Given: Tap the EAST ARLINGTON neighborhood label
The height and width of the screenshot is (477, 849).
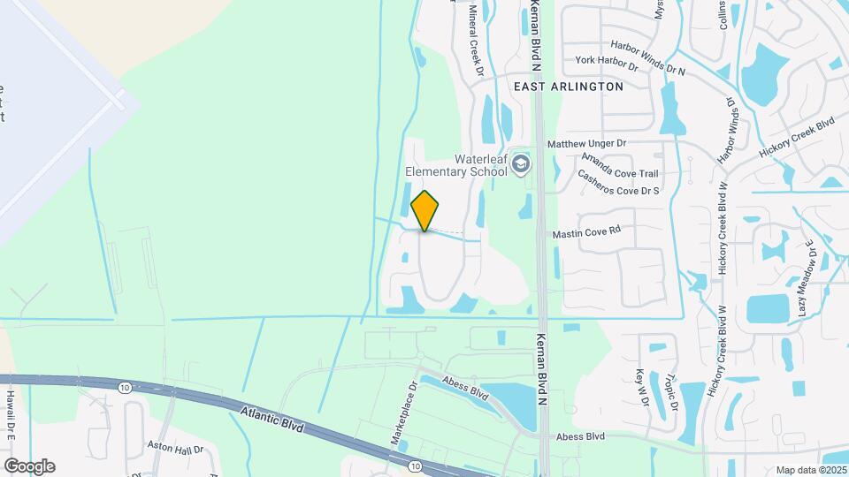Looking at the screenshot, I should (569, 87).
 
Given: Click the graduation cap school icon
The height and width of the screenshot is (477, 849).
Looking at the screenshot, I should (522, 164).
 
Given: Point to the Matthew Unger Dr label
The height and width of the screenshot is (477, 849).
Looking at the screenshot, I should (586, 142).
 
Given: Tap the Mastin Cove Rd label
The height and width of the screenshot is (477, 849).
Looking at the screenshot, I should (587, 234).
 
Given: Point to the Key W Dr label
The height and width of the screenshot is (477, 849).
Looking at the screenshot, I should (643, 386).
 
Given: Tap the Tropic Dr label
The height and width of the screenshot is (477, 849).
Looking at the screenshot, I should (672, 391).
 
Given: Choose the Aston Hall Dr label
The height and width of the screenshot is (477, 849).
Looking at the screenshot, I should (175, 449).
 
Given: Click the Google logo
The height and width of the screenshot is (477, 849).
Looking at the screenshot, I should (29, 466).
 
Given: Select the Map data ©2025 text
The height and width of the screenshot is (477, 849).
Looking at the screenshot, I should (812, 469).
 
